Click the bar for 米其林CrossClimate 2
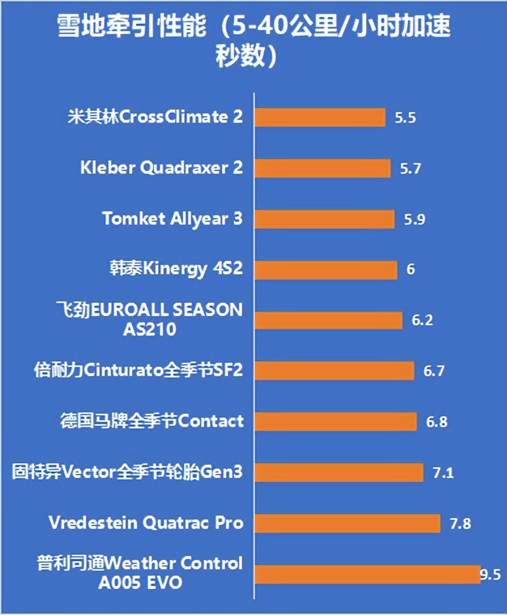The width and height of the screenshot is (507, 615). [319, 118]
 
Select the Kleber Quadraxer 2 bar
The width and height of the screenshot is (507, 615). [322, 168]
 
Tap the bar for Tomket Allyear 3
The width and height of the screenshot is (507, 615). [325, 219]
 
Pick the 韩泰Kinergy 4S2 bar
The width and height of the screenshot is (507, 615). [326, 269]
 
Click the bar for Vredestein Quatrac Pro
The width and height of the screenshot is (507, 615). [347, 523]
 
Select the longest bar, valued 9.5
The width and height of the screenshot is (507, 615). [367, 574]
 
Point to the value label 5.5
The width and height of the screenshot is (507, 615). [406, 118]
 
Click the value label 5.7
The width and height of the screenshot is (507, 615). [410, 168]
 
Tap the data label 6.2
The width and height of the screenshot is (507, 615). [423, 321]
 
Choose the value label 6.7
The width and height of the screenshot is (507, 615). [434, 371]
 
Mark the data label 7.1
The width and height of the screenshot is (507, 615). [444, 472]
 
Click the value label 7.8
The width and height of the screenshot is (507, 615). [461, 523]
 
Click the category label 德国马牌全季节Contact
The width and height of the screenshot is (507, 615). [152, 421]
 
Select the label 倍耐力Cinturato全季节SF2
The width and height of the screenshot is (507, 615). [139, 371]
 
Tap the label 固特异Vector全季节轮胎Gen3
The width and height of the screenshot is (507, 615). [127, 471]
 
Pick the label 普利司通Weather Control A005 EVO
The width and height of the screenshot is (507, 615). [140, 572]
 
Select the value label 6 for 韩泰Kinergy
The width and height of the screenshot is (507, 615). [411, 270]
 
